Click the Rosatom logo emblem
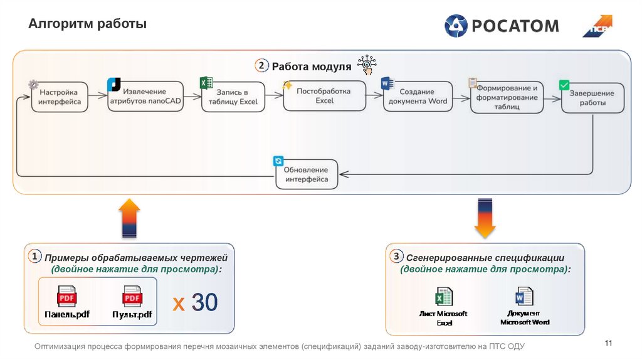[x=456, y=26]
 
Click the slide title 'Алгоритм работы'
[x=87, y=24]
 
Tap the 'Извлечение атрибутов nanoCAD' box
[x=145, y=96]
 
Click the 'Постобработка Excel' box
[x=324, y=95]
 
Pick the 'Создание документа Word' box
[x=418, y=96]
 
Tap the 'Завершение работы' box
[x=592, y=98]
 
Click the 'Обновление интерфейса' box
[x=306, y=174]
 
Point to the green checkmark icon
[x=564, y=85]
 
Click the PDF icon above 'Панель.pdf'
[x=67, y=297]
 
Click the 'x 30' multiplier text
[x=195, y=303]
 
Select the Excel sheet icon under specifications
[x=444, y=297]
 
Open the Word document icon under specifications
[x=524, y=296]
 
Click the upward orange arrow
[x=129, y=218]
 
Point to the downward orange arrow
[x=485, y=218]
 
